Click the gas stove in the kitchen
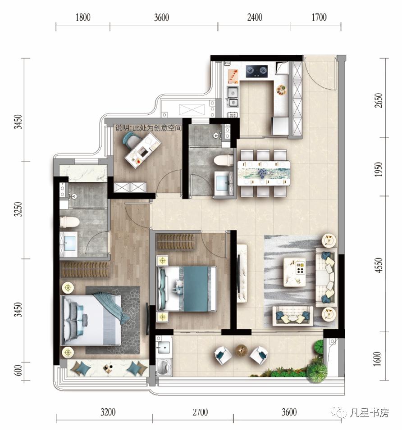[x=256, y=71]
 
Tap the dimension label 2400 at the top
[x=255, y=18]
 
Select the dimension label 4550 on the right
[x=379, y=265]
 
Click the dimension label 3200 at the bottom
[x=108, y=412]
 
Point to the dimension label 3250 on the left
[x=18, y=209]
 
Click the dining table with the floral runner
[x=264, y=173]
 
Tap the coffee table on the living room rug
[x=295, y=272]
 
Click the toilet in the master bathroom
[x=69, y=222]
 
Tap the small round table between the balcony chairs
[x=241, y=350]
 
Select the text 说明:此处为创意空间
[x=148, y=128]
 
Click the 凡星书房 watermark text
[x=369, y=412]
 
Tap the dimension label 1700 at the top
[x=319, y=18]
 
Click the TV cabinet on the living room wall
[x=242, y=273]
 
